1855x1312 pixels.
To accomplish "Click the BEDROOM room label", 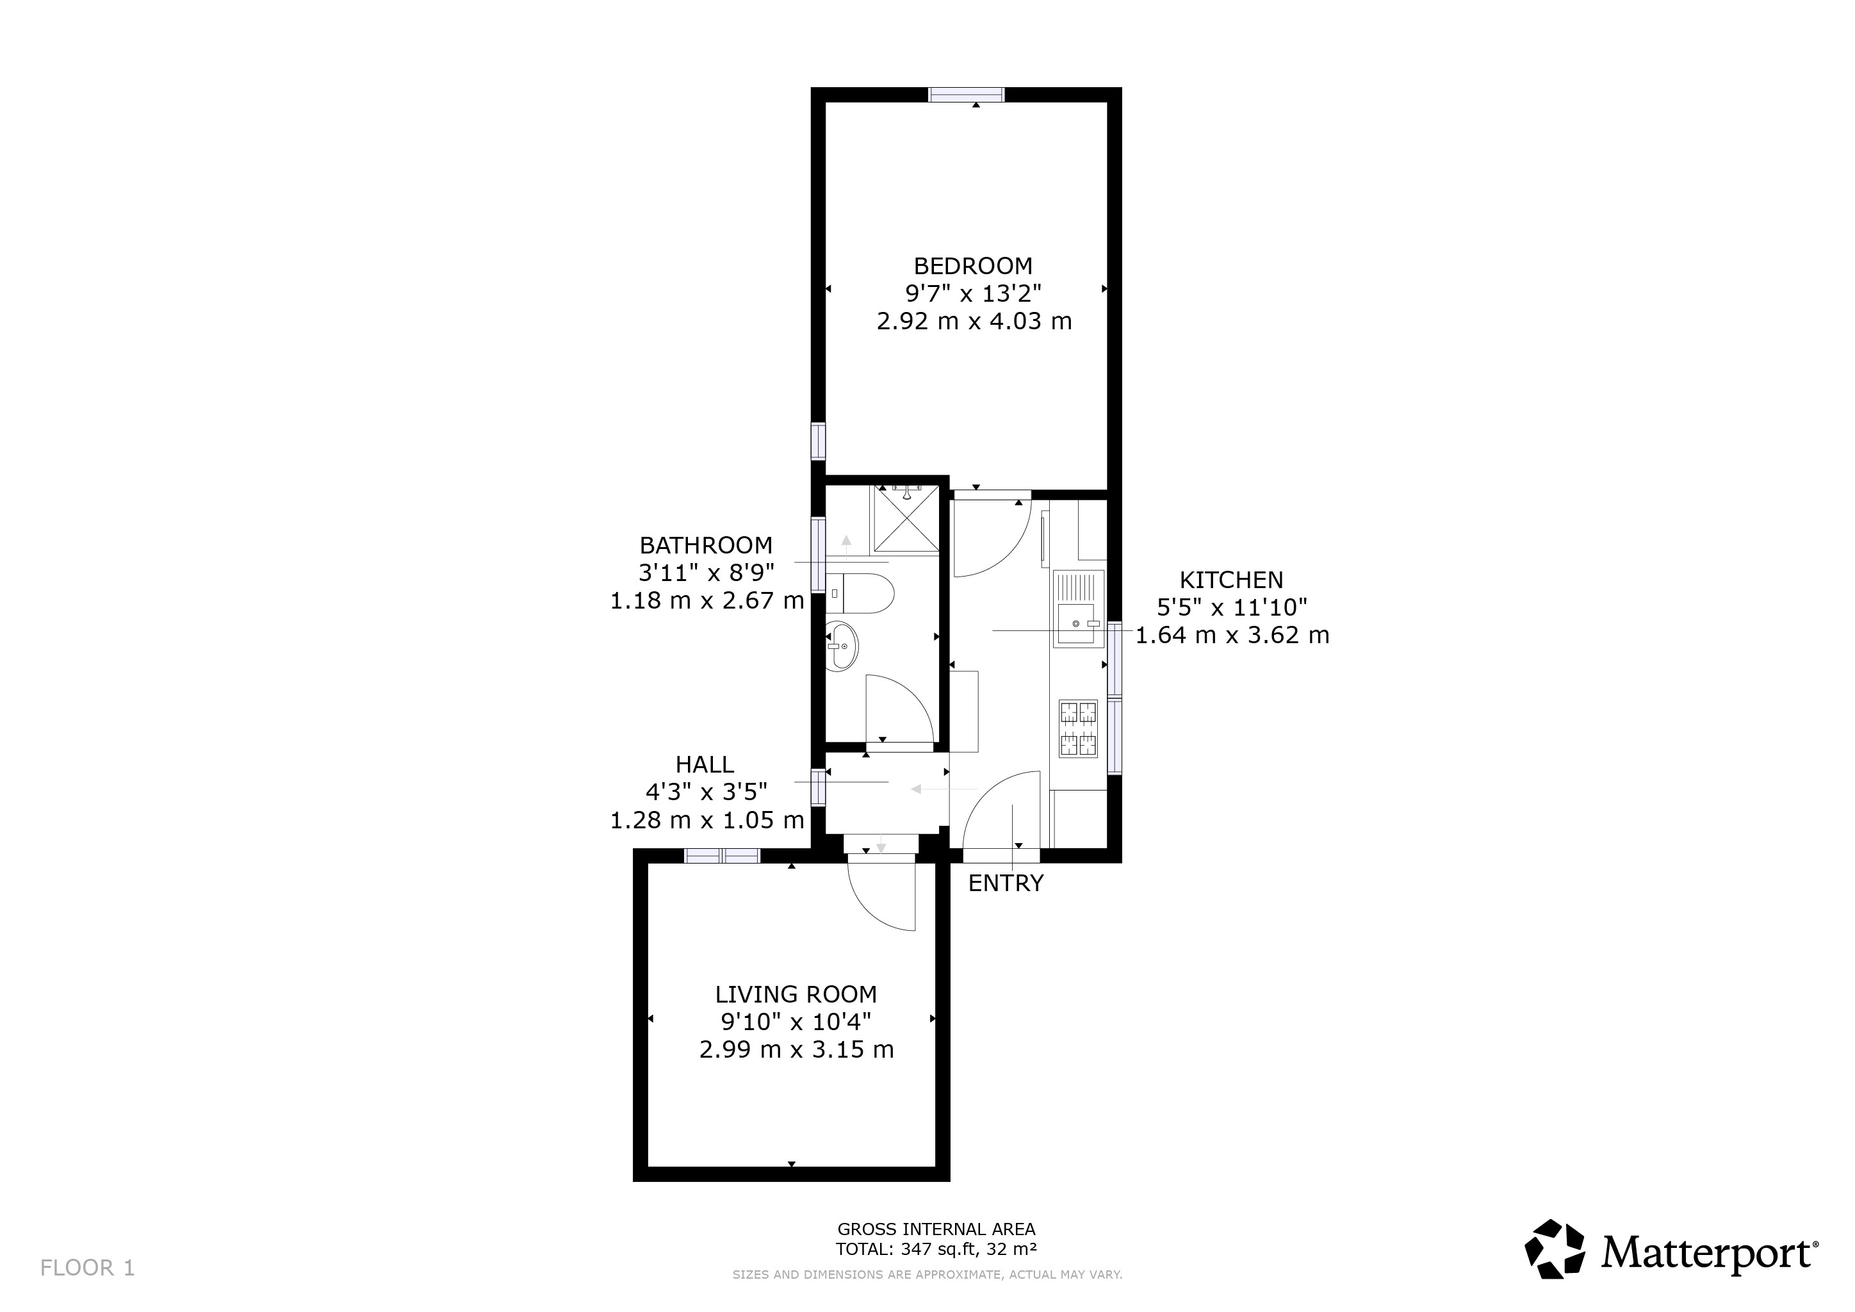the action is (973, 266).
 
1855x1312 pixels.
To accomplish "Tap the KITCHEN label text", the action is (1231, 580).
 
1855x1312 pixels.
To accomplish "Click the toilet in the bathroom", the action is (862, 594).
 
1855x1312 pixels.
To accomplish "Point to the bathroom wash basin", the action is (842, 646).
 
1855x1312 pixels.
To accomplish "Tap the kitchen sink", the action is (1078, 609).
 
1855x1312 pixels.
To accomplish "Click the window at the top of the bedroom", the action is (967, 95).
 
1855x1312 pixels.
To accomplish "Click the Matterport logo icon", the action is (1555, 1249).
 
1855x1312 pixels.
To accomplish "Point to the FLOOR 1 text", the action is (87, 1268).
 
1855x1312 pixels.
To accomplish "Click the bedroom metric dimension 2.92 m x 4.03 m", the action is (974, 322).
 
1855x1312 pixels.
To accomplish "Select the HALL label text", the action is (705, 764).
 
